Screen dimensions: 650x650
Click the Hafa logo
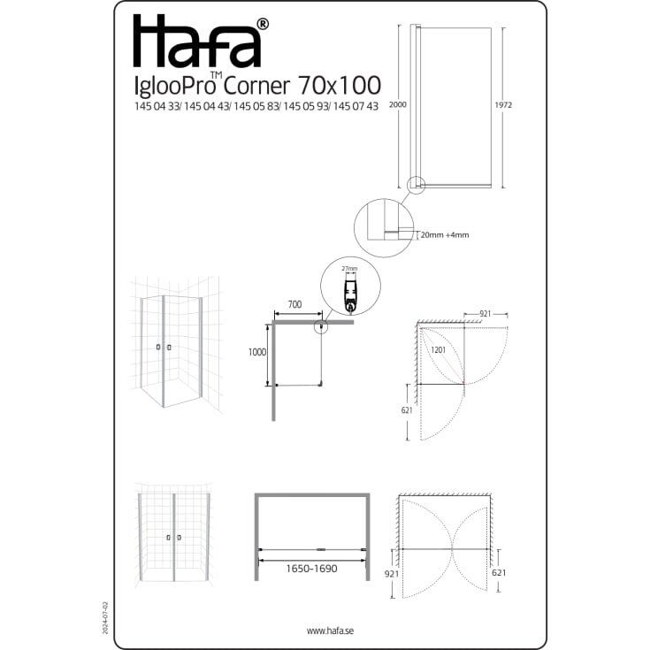coord(197,41)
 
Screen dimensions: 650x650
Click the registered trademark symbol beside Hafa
coord(264,24)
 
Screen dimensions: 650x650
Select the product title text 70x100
coord(339,85)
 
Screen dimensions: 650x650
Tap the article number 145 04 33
coord(157,106)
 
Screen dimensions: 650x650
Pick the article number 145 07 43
coord(356,106)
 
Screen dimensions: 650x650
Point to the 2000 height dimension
coord(398,104)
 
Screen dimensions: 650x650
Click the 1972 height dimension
coord(503,105)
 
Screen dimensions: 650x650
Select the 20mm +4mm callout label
coord(445,235)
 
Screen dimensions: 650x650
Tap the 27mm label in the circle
coord(349,269)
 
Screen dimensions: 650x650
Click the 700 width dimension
coord(294,304)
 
